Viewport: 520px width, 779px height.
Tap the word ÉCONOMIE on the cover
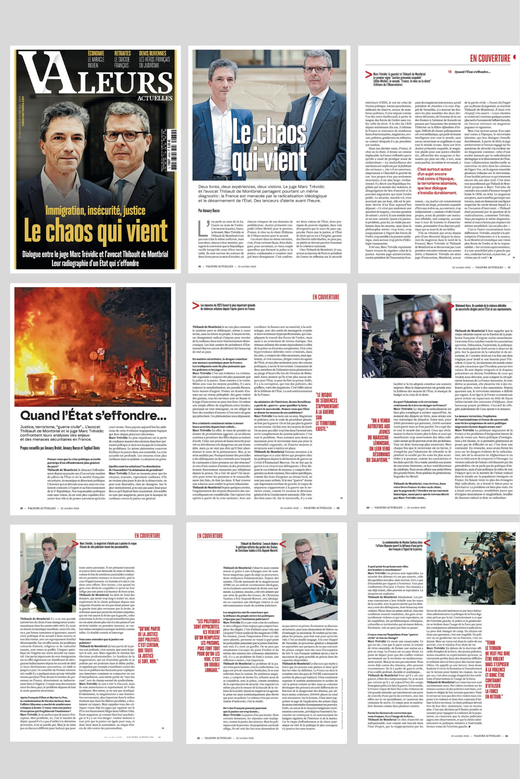point(96,53)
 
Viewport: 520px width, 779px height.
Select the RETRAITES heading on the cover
point(122,53)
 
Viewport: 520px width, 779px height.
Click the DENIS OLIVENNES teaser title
point(152,53)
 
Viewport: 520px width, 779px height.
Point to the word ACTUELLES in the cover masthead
point(155,98)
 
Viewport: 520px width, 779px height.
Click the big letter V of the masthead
point(39,74)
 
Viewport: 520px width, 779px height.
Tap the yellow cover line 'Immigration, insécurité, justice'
point(96,211)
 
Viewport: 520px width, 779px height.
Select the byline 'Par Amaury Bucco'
point(209,211)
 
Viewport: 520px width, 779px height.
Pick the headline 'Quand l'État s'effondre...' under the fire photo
point(94,415)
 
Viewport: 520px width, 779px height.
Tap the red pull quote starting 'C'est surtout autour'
point(437,181)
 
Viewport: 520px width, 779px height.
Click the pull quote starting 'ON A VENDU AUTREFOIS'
point(378,440)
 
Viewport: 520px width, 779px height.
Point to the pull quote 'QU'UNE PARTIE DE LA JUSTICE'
point(149,645)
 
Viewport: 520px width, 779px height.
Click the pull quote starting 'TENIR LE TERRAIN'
point(497,670)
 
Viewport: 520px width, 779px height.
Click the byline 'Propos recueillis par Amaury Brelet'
point(60,448)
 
